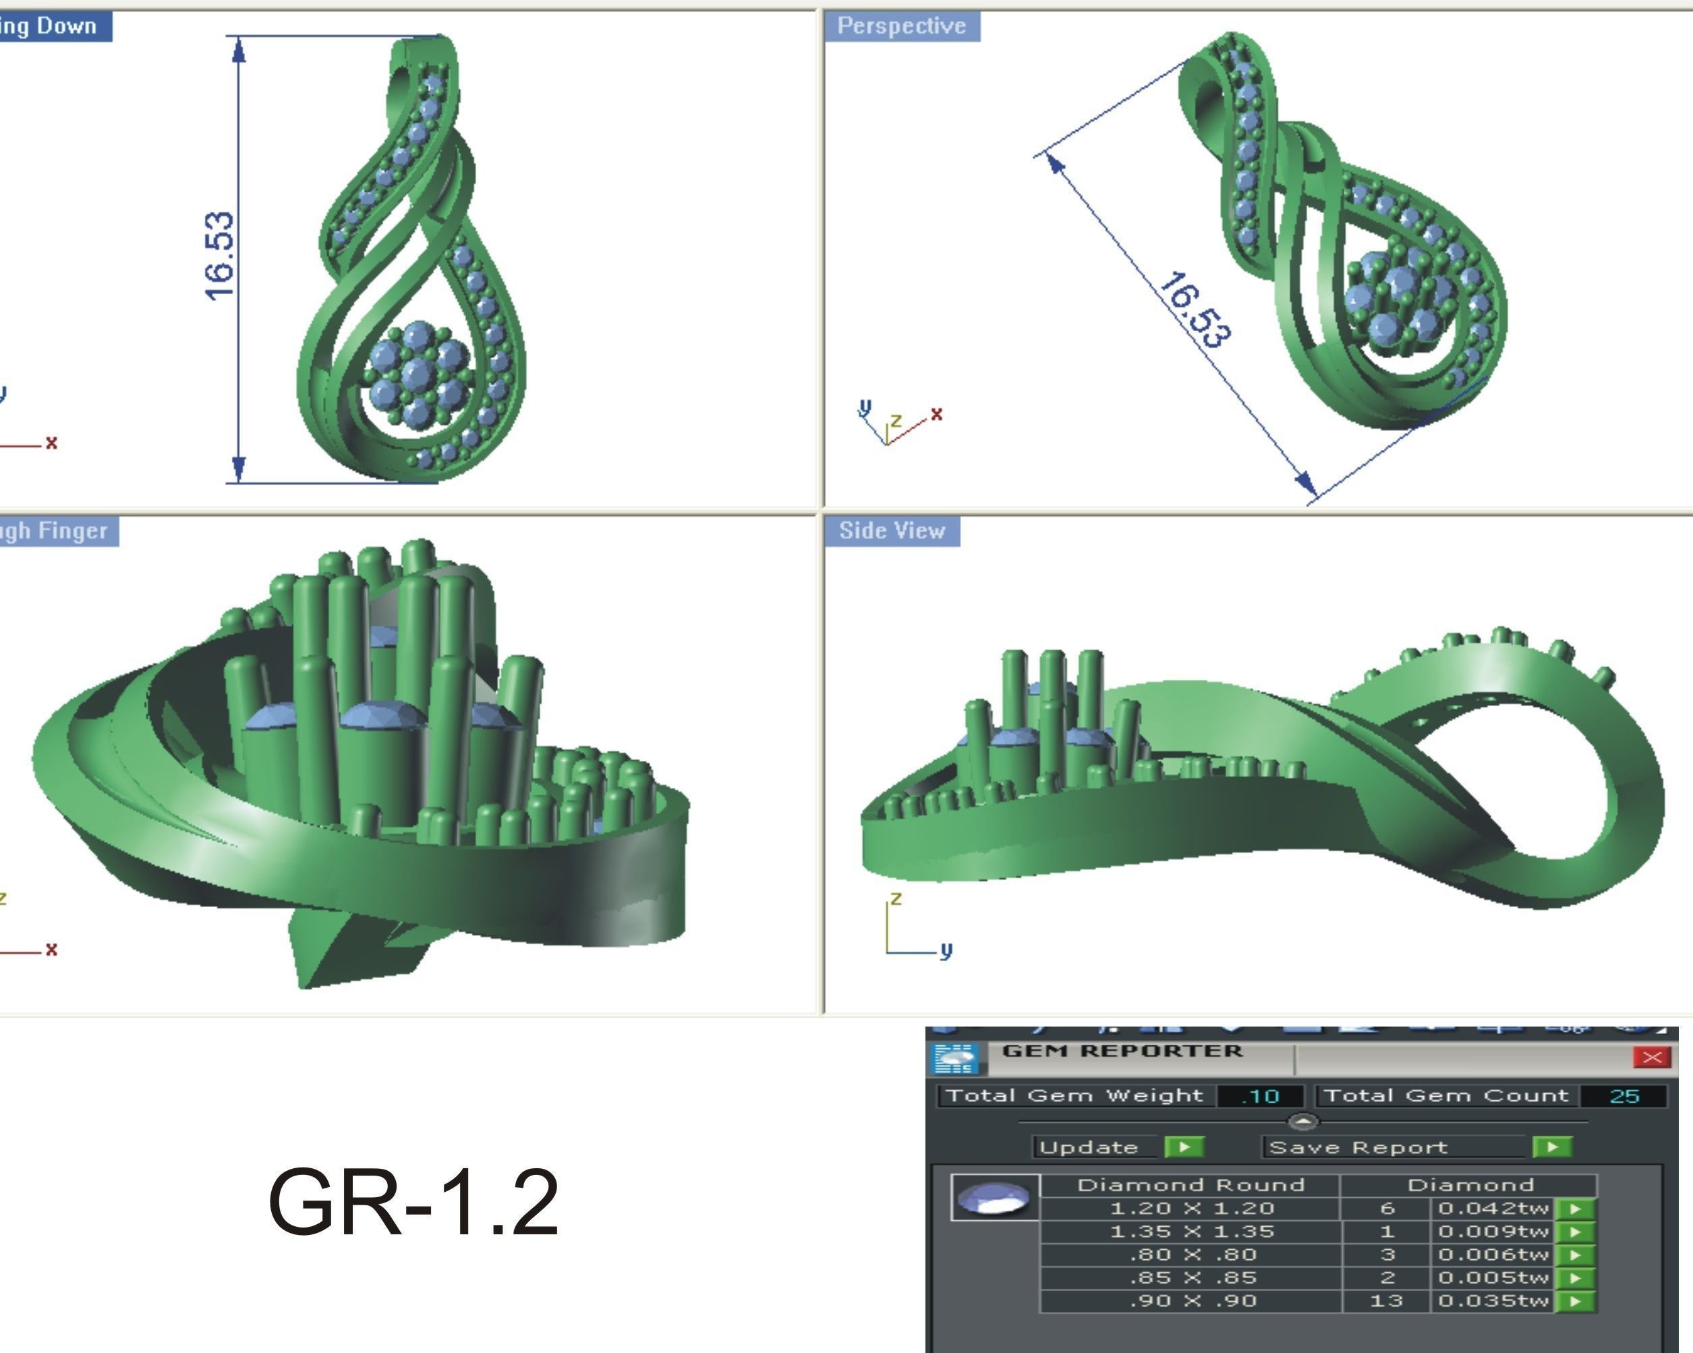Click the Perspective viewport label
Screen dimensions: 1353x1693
[901, 26]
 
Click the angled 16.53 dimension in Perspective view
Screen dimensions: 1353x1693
[1196, 310]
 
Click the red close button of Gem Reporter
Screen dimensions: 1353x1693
[1651, 1058]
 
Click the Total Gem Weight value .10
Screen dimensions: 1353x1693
[1261, 1096]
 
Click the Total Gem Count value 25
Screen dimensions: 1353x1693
[1624, 1096]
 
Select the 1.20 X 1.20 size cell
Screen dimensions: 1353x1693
[1191, 1209]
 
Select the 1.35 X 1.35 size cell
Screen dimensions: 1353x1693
[1191, 1232]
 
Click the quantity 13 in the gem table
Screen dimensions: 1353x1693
[1386, 1301]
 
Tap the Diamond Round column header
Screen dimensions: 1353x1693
[1190, 1185]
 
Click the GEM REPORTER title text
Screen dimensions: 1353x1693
[1122, 1052]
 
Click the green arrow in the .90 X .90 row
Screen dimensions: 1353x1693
[1575, 1302]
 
